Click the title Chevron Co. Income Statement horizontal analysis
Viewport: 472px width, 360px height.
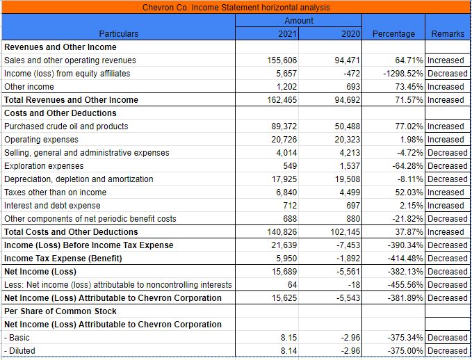coord(236,7)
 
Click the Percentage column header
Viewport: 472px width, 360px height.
coord(393,33)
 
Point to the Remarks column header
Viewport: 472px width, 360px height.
coord(448,33)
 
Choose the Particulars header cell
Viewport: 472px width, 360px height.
coord(118,33)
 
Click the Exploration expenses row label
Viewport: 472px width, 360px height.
coord(44,166)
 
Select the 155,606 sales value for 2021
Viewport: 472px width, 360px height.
coord(283,60)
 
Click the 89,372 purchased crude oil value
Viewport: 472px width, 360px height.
coord(284,126)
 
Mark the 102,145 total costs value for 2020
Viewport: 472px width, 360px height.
coord(346,232)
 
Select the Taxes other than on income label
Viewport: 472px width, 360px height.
coord(55,193)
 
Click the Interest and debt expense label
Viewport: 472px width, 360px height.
coord(52,206)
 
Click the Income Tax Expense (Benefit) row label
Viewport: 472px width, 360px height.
coord(63,259)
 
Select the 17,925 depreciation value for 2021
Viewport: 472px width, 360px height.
coord(284,179)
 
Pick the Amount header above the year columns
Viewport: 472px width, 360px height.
coord(299,21)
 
